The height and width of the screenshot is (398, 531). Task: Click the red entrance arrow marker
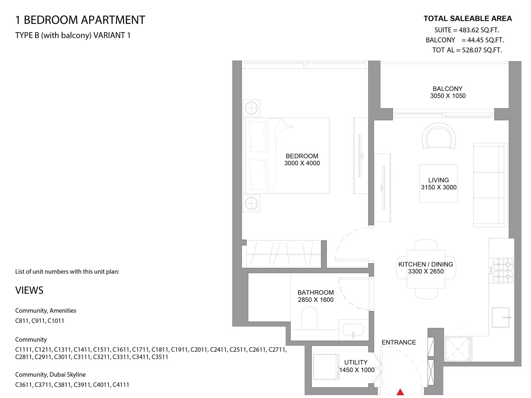400,392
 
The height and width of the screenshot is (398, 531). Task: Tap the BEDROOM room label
302,156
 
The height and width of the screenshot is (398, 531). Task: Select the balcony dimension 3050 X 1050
448,96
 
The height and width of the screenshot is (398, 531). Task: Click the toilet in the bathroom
309,318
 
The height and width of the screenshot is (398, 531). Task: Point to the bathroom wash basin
353,330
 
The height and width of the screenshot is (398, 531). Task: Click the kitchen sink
500,317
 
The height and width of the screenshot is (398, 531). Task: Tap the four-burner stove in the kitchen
501,270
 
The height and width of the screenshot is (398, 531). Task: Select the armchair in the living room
439,136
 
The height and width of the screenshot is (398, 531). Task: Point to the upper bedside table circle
251,108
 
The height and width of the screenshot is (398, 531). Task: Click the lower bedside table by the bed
251,203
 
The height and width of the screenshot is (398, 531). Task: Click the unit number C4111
121,385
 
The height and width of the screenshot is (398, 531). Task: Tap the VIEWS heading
29,290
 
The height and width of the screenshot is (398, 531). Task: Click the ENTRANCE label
399,342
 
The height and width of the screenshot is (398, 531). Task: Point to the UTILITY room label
356,363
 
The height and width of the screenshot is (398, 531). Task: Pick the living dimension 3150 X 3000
439,187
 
